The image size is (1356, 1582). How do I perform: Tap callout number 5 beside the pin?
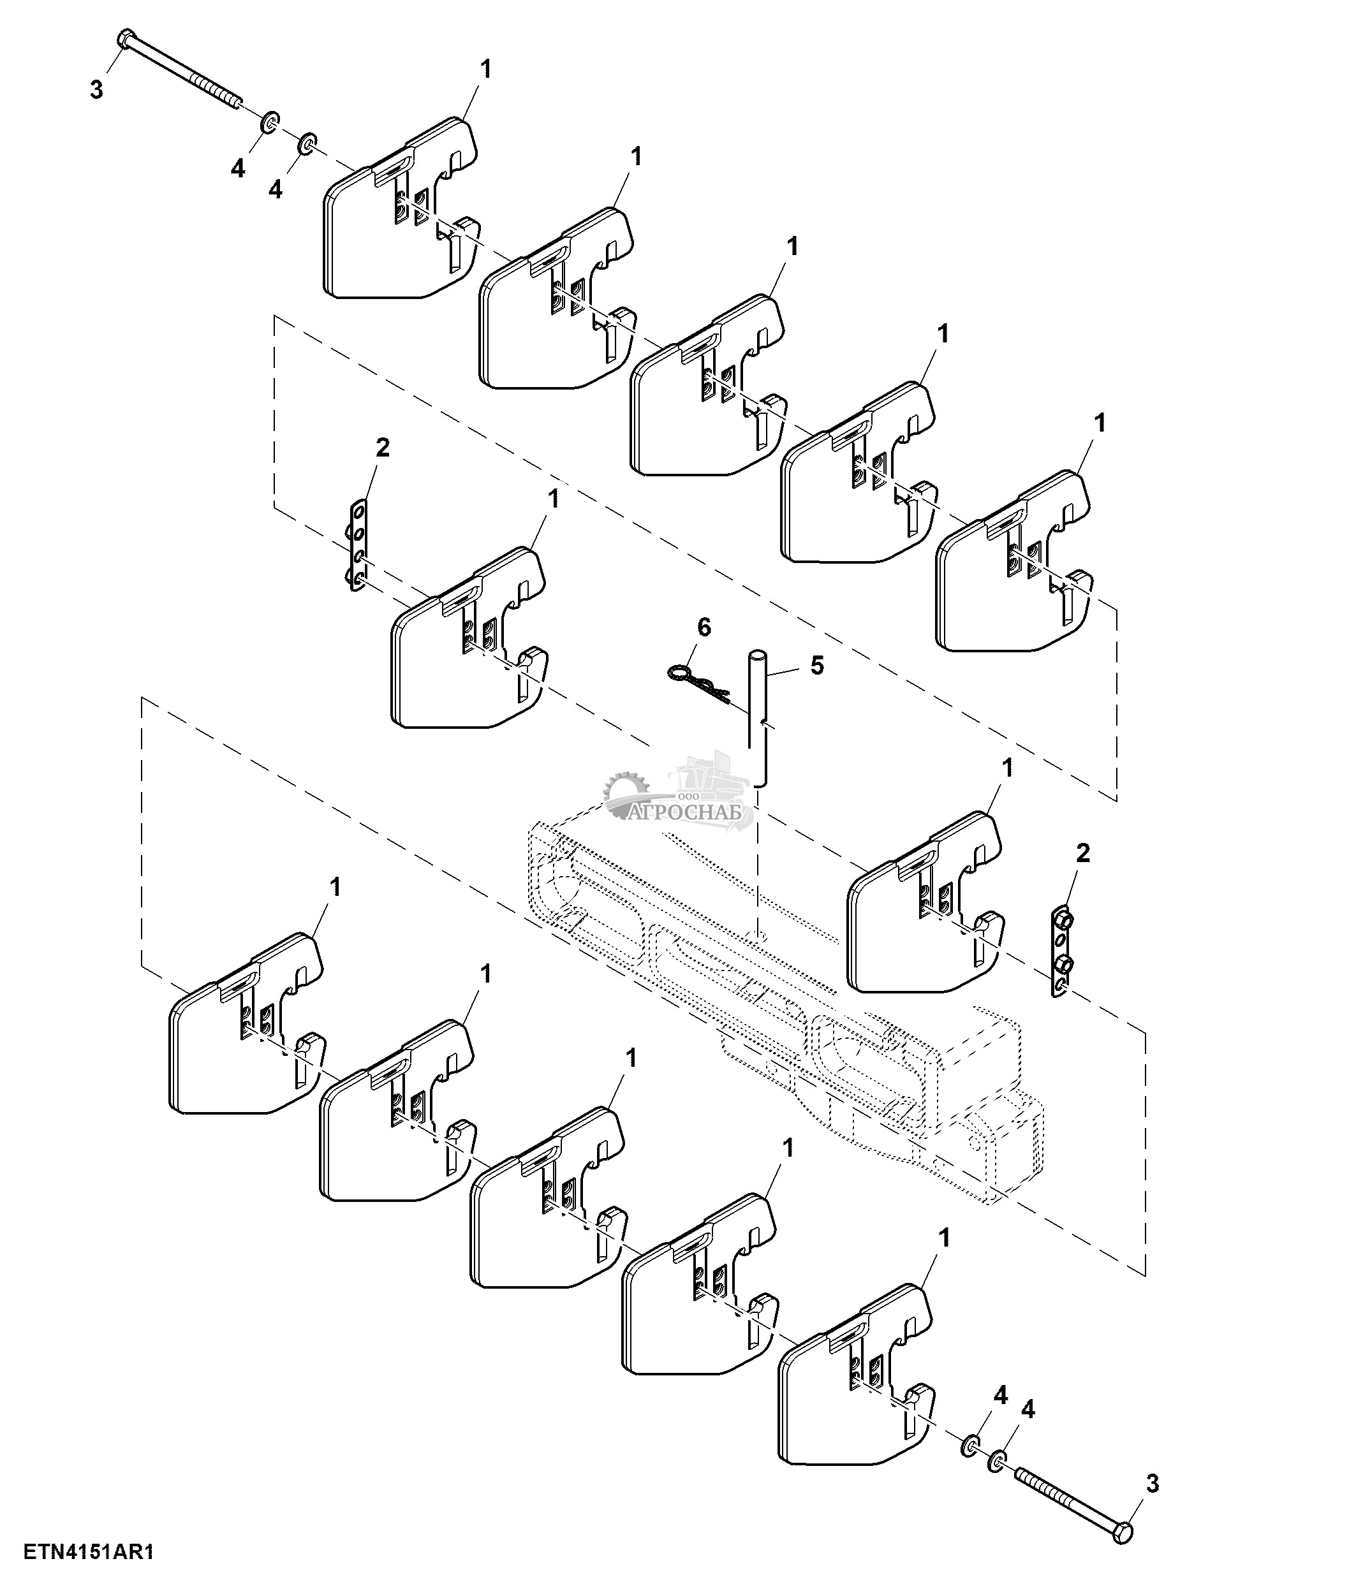point(817,666)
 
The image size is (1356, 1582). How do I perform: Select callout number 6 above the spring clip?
point(704,627)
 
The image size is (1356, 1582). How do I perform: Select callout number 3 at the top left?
point(96,90)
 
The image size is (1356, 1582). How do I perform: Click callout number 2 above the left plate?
point(383,448)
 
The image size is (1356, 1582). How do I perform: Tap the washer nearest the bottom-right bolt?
point(997,1462)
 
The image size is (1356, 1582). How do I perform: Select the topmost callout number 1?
point(485,70)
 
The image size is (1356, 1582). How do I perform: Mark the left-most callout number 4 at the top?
point(238,170)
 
